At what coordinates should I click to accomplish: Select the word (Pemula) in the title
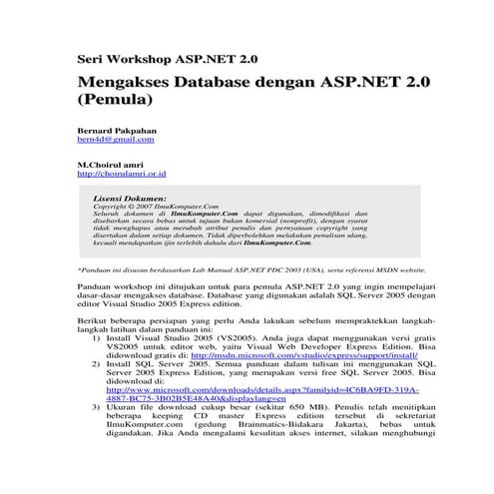coord(116,101)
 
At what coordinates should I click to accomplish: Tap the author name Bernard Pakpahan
coord(117,131)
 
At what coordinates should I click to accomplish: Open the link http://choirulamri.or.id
coord(121,173)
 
